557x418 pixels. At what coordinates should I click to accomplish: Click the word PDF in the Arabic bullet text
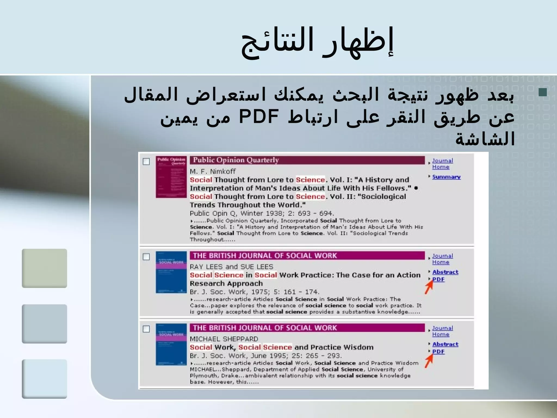[259, 116]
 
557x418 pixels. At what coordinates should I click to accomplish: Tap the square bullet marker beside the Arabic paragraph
[542, 93]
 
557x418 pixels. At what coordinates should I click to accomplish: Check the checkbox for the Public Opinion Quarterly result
[146, 162]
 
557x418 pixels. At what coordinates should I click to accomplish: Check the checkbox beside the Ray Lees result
[146, 257]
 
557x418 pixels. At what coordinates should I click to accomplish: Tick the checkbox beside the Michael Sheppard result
[146, 329]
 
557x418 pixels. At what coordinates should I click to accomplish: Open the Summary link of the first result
[446, 177]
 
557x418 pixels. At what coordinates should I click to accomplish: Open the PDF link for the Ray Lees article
[438, 279]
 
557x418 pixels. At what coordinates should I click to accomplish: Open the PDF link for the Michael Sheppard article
[438, 351]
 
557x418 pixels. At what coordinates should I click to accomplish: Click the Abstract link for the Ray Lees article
[445, 272]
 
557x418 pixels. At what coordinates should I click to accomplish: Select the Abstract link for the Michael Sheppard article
[445, 344]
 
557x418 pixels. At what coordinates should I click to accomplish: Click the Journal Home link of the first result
[442, 164]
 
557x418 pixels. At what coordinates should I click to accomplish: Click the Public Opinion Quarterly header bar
[307, 160]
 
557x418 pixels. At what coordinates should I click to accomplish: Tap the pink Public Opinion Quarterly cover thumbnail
[171, 177]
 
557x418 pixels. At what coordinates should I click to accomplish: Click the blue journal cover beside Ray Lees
[171, 272]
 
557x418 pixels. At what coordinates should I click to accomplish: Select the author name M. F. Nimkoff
[212, 171]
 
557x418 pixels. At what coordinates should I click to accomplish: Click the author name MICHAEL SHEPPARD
[224, 339]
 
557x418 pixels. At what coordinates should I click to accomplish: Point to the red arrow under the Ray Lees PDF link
[429, 287]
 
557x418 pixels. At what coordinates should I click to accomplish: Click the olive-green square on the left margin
[44, 268]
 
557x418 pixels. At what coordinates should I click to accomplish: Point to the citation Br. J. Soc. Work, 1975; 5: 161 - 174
[254, 292]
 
